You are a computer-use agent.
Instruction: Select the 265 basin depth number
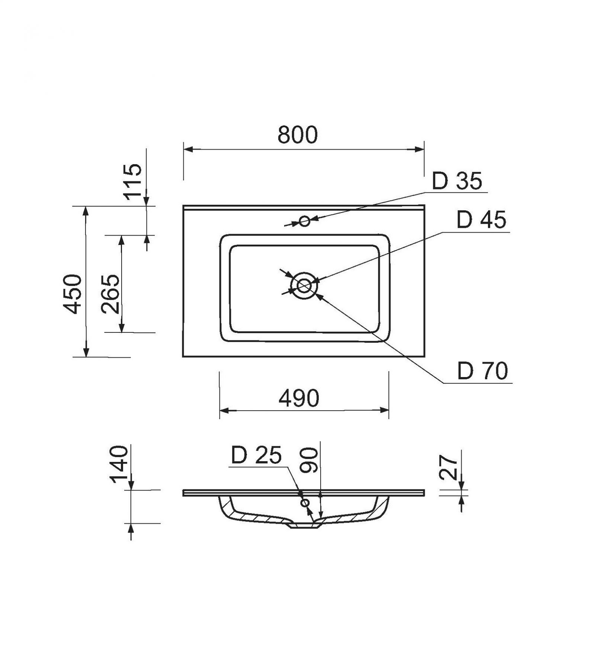coord(110,294)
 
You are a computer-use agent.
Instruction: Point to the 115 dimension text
coord(134,182)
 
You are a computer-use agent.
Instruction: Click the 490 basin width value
coord(299,398)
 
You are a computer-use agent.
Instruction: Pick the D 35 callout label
coord(457,181)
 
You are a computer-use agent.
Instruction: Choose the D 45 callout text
coord(481,220)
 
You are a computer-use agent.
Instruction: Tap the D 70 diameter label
coord(482,371)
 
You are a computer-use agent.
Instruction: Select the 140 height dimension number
coord(119,463)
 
